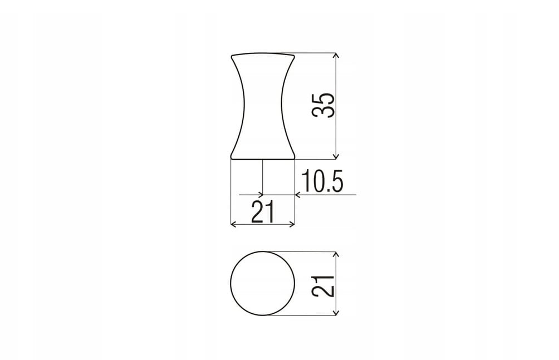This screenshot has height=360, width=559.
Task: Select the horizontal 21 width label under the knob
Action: (x=263, y=211)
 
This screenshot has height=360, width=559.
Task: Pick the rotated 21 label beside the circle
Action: (x=323, y=286)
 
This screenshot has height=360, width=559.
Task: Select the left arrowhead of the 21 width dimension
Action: (x=234, y=224)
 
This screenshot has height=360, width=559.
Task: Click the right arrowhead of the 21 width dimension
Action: (x=292, y=224)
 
